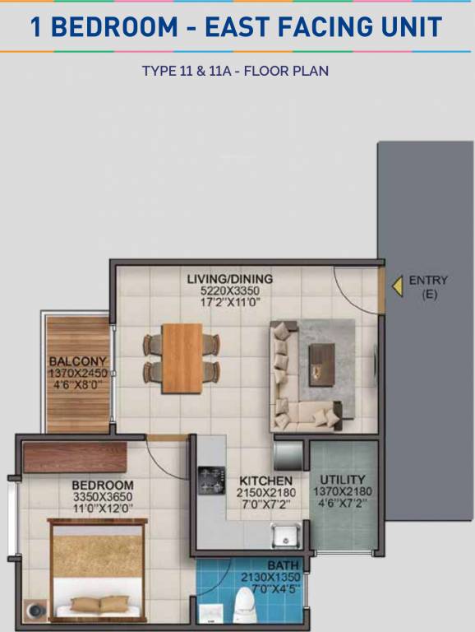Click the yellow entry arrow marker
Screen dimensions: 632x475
[x=396, y=286]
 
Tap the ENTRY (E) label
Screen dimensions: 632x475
[x=429, y=286]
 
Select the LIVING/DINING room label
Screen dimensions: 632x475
[x=229, y=279]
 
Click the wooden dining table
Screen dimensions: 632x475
[x=182, y=357]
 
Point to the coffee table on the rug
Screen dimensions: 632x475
[x=321, y=360]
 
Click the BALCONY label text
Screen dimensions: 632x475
[x=77, y=361]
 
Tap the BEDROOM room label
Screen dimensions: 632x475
[x=102, y=486]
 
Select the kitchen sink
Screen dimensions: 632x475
[x=285, y=535]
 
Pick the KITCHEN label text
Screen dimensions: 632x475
[x=265, y=481]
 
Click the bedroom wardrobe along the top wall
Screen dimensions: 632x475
[x=75, y=458]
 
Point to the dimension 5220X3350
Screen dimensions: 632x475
[x=229, y=290]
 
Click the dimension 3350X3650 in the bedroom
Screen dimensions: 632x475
[x=102, y=497]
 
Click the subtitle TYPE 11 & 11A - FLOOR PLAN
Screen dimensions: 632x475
[x=235, y=71]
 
